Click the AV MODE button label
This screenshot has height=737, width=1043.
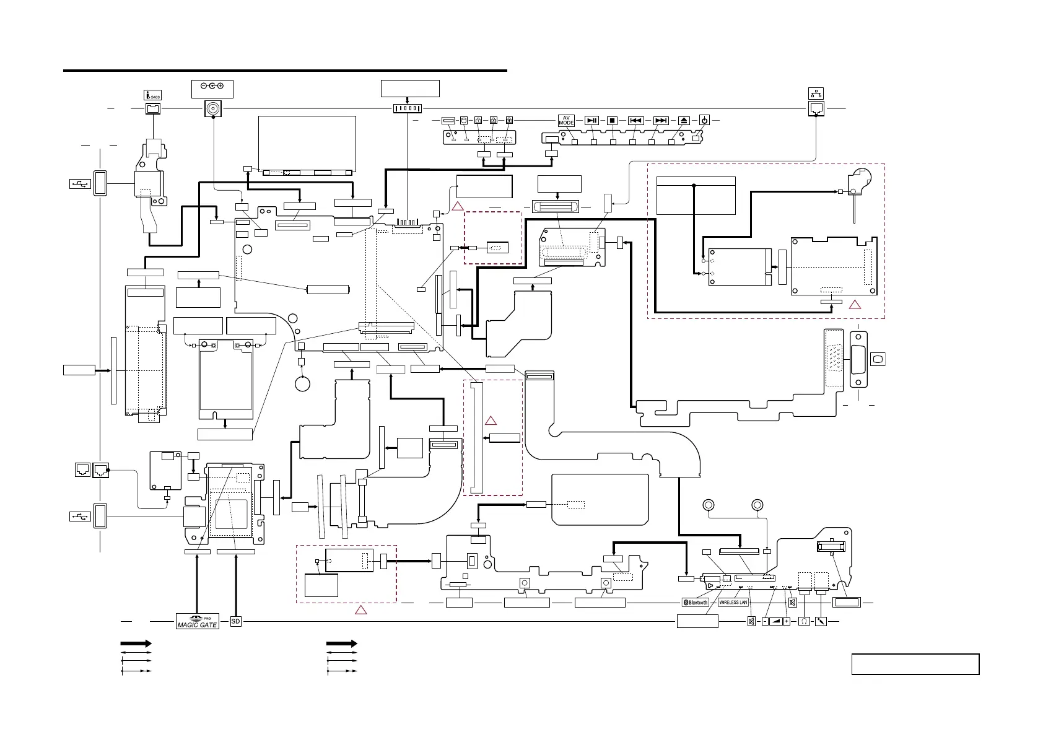click(x=566, y=120)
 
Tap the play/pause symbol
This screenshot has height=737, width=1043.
click(x=592, y=120)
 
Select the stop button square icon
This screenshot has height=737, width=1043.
click(x=612, y=120)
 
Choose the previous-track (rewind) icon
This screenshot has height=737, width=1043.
click(x=635, y=120)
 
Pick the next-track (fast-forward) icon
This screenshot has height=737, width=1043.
click(x=661, y=120)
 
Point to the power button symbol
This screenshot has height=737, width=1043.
click(x=704, y=120)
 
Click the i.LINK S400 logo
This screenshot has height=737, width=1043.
click(x=152, y=95)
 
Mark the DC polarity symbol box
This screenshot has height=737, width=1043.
click(x=212, y=89)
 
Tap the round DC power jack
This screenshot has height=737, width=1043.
click(x=212, y=110)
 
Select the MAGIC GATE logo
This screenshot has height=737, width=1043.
click(x=198, y=621)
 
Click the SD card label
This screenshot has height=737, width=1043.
click(x=235, y=621)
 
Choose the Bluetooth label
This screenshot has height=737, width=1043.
click(x=696, y=602)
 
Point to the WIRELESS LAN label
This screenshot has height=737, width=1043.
click(x=733, y=602)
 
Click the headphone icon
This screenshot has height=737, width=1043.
click(x=804, y=621)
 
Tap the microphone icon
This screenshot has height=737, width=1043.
click(x=821, y=621)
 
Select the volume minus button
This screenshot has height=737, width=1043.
click(x=765, y=621)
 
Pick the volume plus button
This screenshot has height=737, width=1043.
click(x=787, y=621)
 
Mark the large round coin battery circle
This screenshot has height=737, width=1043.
click(x=302, y=384)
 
